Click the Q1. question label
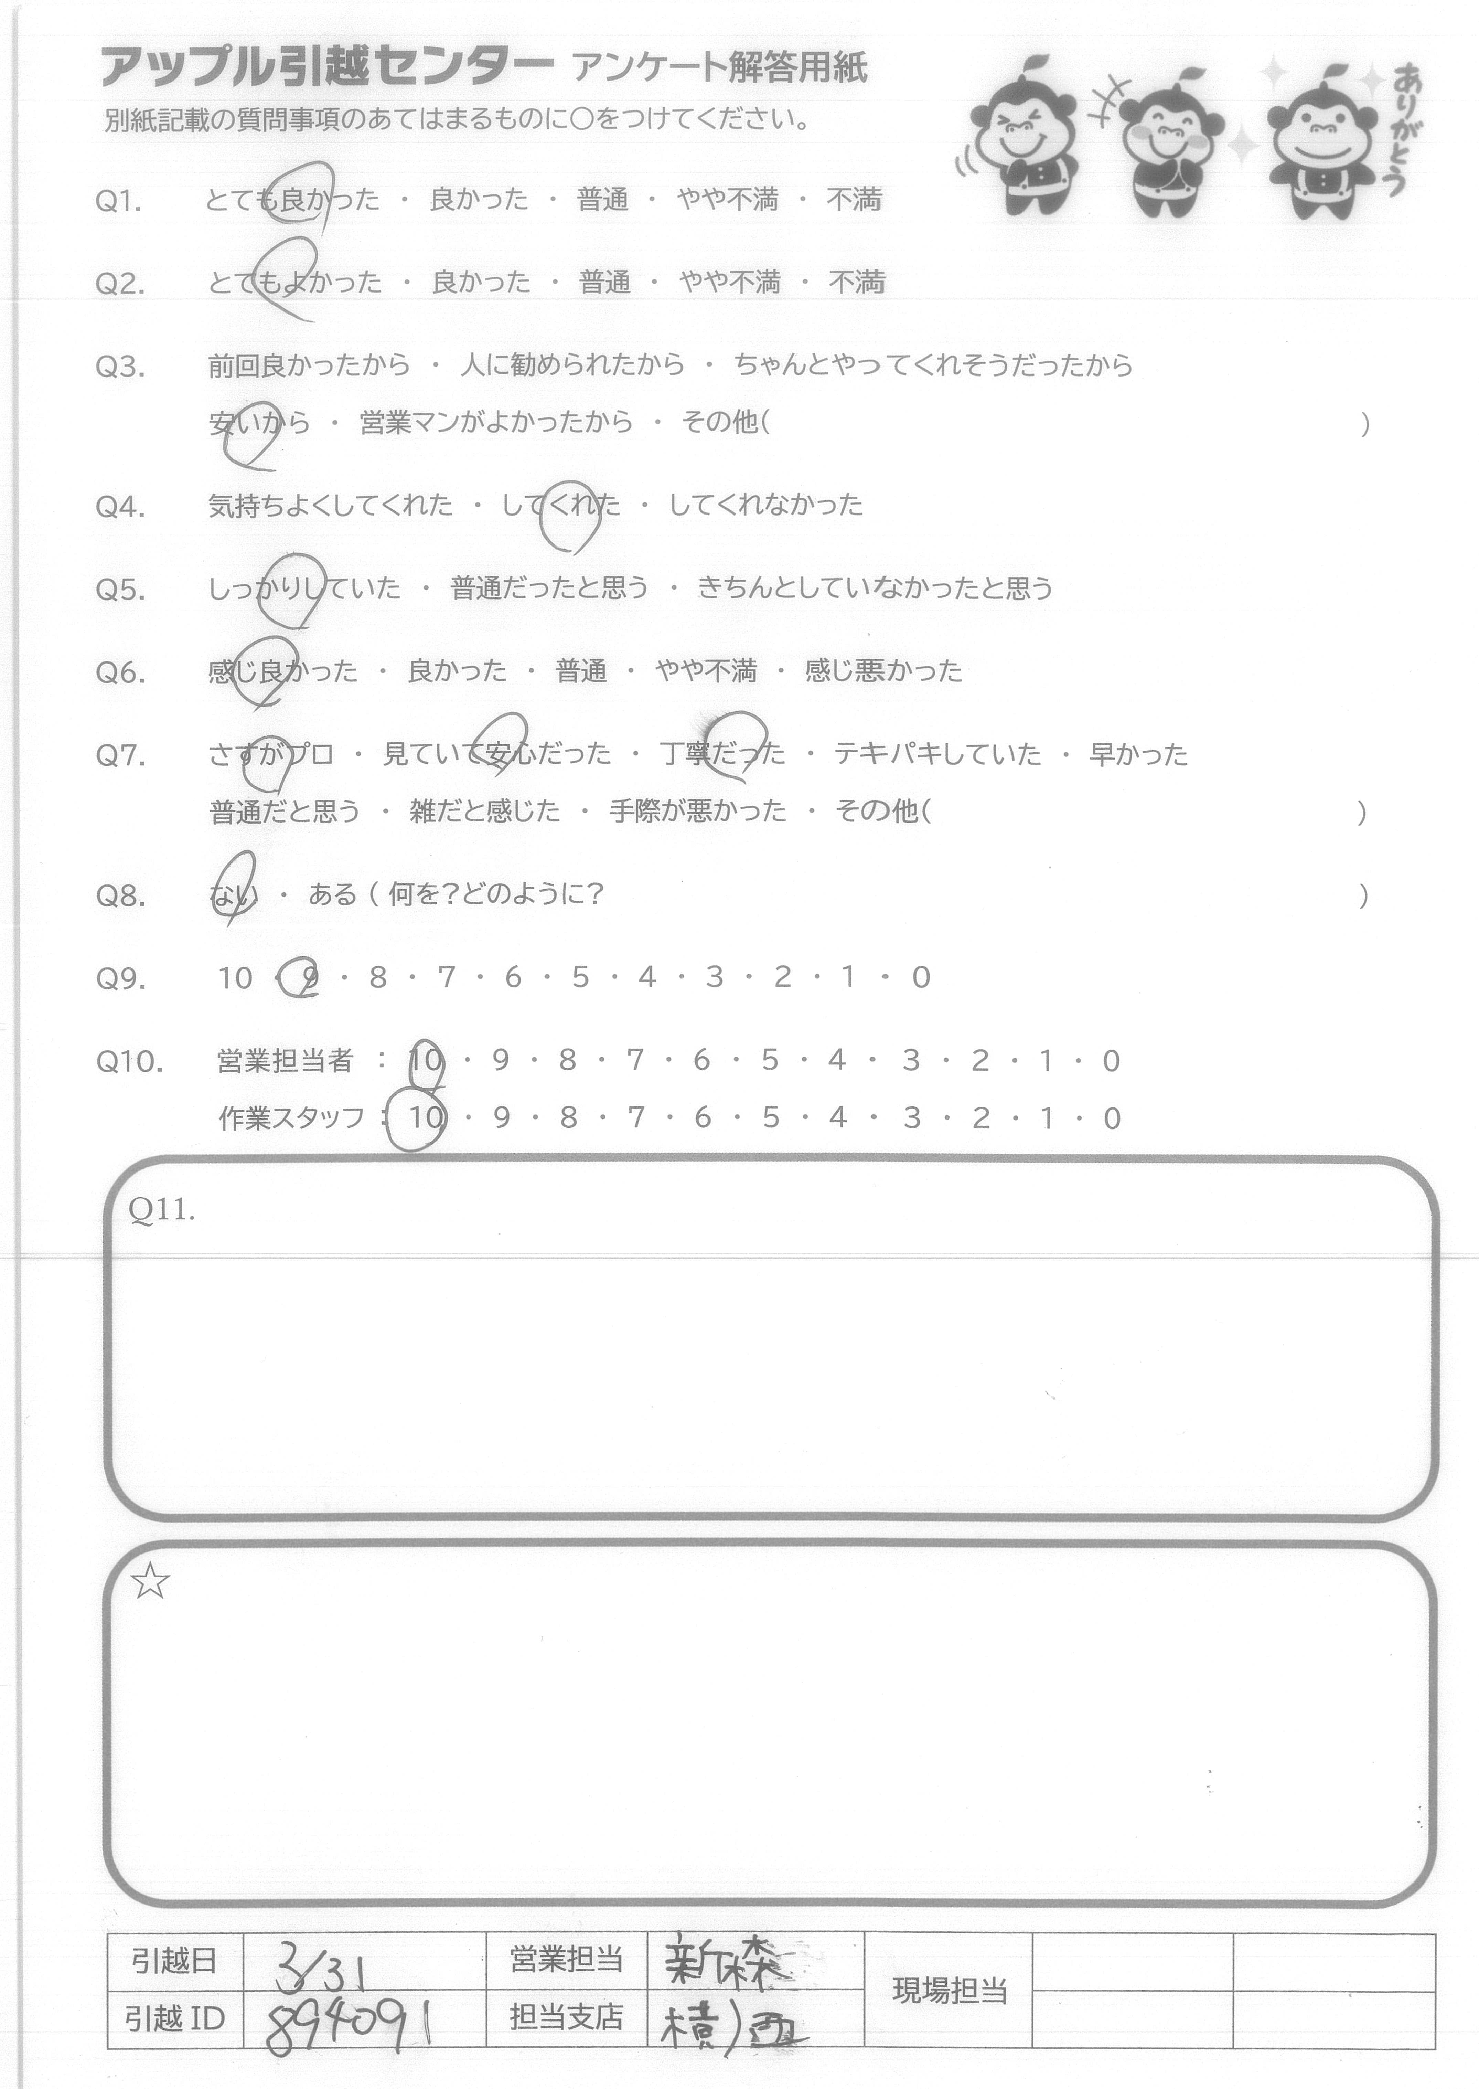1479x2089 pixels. (118, 201)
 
